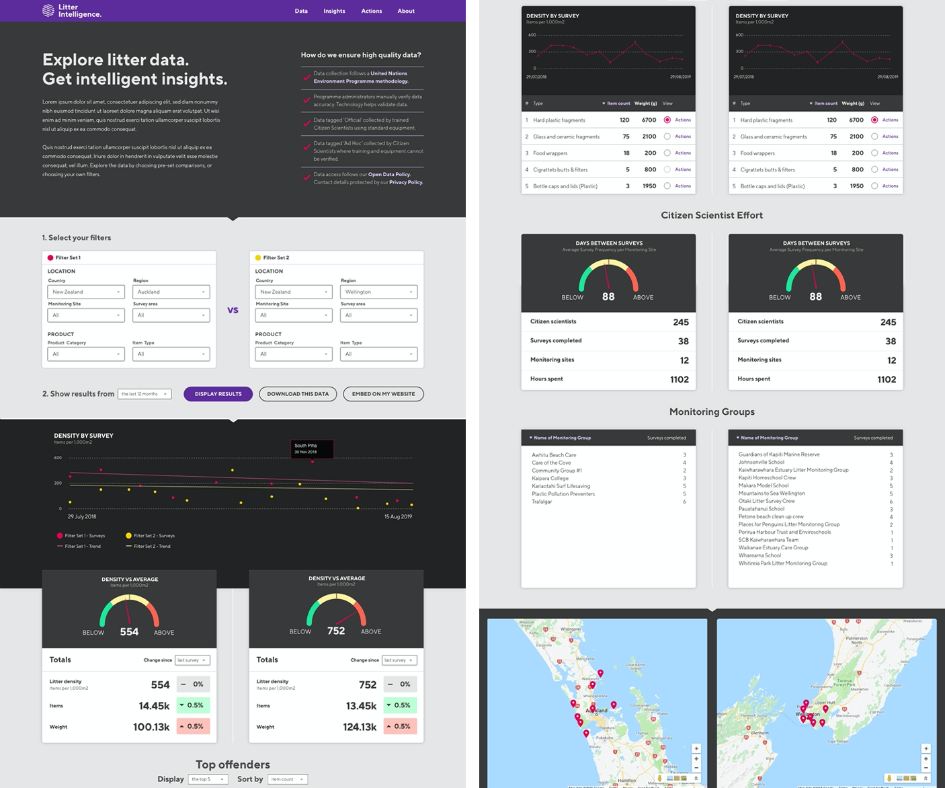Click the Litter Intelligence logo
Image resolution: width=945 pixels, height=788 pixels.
71,11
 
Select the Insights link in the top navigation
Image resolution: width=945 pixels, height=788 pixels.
334,11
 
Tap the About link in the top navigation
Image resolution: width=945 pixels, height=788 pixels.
406,11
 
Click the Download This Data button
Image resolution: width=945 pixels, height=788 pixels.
298,394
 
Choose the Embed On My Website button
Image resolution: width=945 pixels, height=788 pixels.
383,394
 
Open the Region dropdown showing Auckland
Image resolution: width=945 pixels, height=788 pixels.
171,292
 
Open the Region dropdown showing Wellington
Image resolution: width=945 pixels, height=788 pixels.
378,292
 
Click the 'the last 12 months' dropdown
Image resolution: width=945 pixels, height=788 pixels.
145,394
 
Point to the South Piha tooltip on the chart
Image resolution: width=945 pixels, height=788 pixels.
312,448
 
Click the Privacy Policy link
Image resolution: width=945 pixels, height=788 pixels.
406,182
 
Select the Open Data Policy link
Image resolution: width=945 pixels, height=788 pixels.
389,175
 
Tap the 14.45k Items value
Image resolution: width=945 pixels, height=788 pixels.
154,706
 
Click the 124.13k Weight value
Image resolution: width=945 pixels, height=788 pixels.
360,727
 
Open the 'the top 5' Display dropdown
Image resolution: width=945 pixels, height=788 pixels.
208,779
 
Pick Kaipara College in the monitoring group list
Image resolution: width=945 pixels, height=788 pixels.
550,478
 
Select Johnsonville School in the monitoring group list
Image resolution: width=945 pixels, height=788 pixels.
761,462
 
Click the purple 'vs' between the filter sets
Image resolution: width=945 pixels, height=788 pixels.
233,310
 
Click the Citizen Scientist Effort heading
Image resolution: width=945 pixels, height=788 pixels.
712,215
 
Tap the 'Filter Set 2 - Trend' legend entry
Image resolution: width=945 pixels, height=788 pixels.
151,547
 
